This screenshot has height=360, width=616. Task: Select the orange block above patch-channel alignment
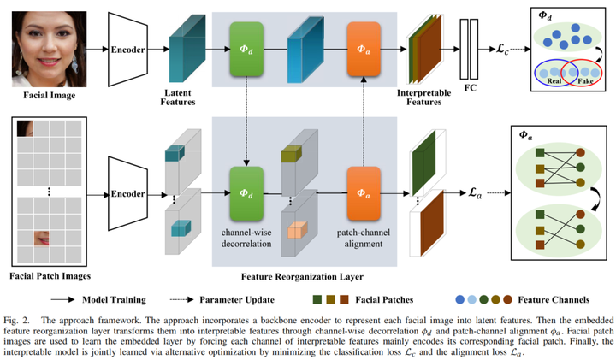[364, 192]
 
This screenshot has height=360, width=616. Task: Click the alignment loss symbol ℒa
[474, 196]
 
